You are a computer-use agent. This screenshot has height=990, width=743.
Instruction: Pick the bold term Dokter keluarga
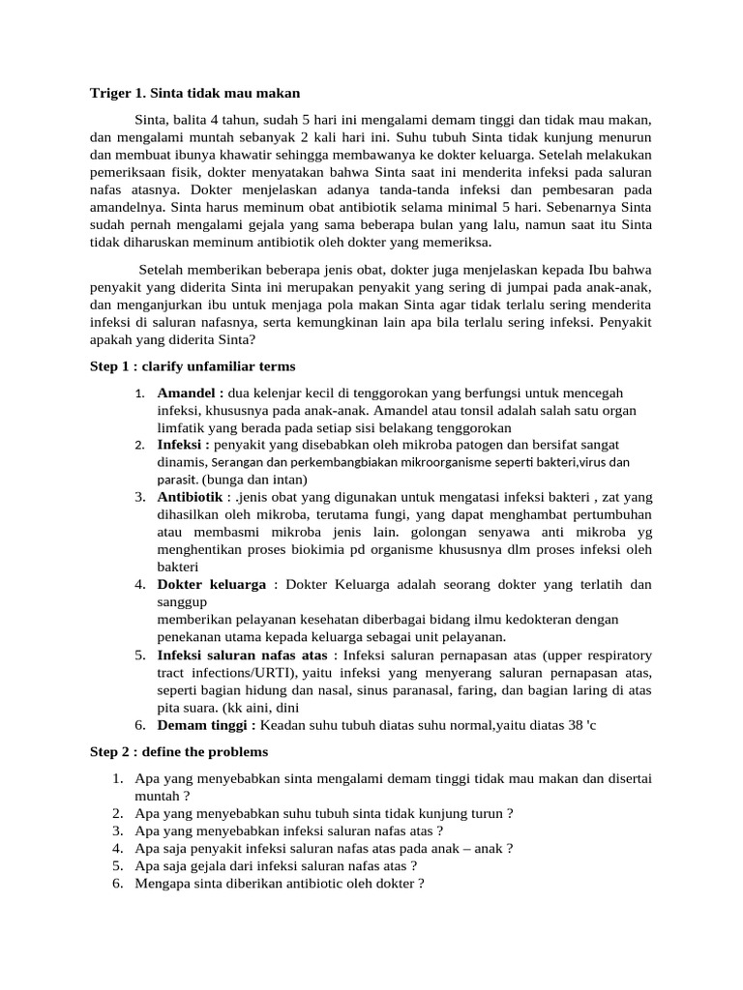(x=212, y=584)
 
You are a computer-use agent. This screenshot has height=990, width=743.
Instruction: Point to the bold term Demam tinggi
(x=206, y=725)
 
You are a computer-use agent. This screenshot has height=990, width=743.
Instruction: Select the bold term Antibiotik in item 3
(x=191, y=497)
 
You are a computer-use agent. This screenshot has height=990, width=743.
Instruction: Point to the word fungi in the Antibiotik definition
(x=366, y=514)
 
